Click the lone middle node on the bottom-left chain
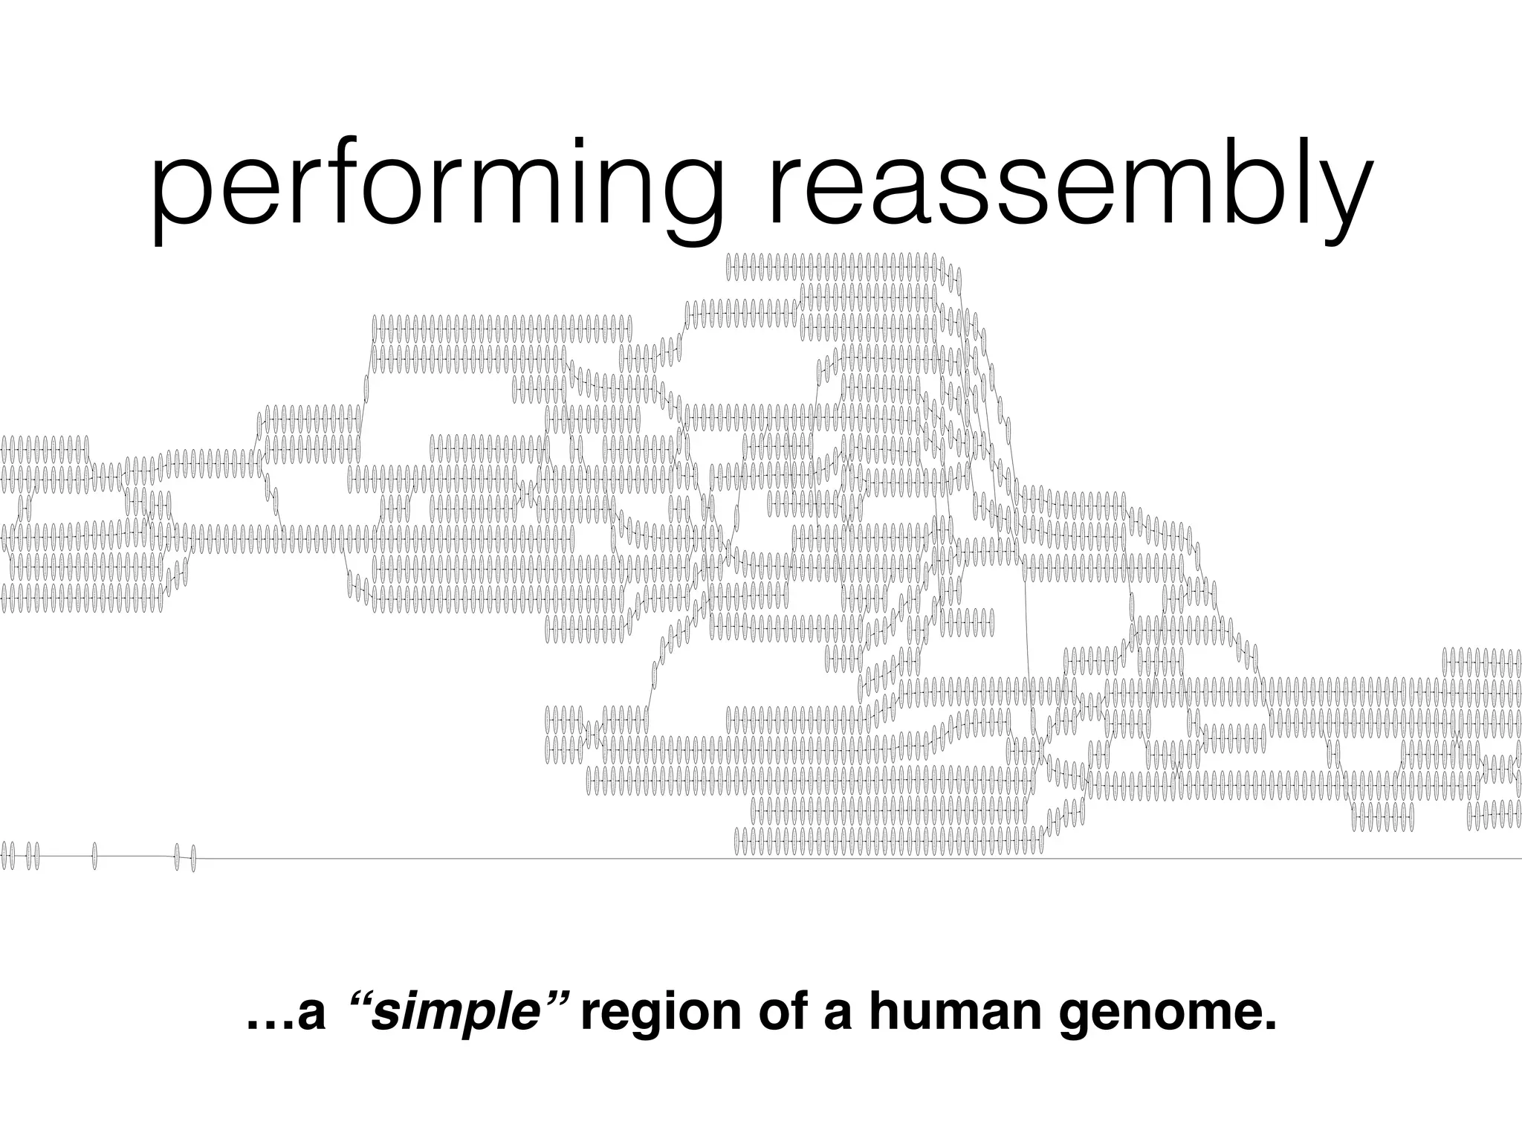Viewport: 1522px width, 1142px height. (94, 856)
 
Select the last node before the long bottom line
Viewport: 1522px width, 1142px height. (193, 858)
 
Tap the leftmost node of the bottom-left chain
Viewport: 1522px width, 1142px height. (4, 855)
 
